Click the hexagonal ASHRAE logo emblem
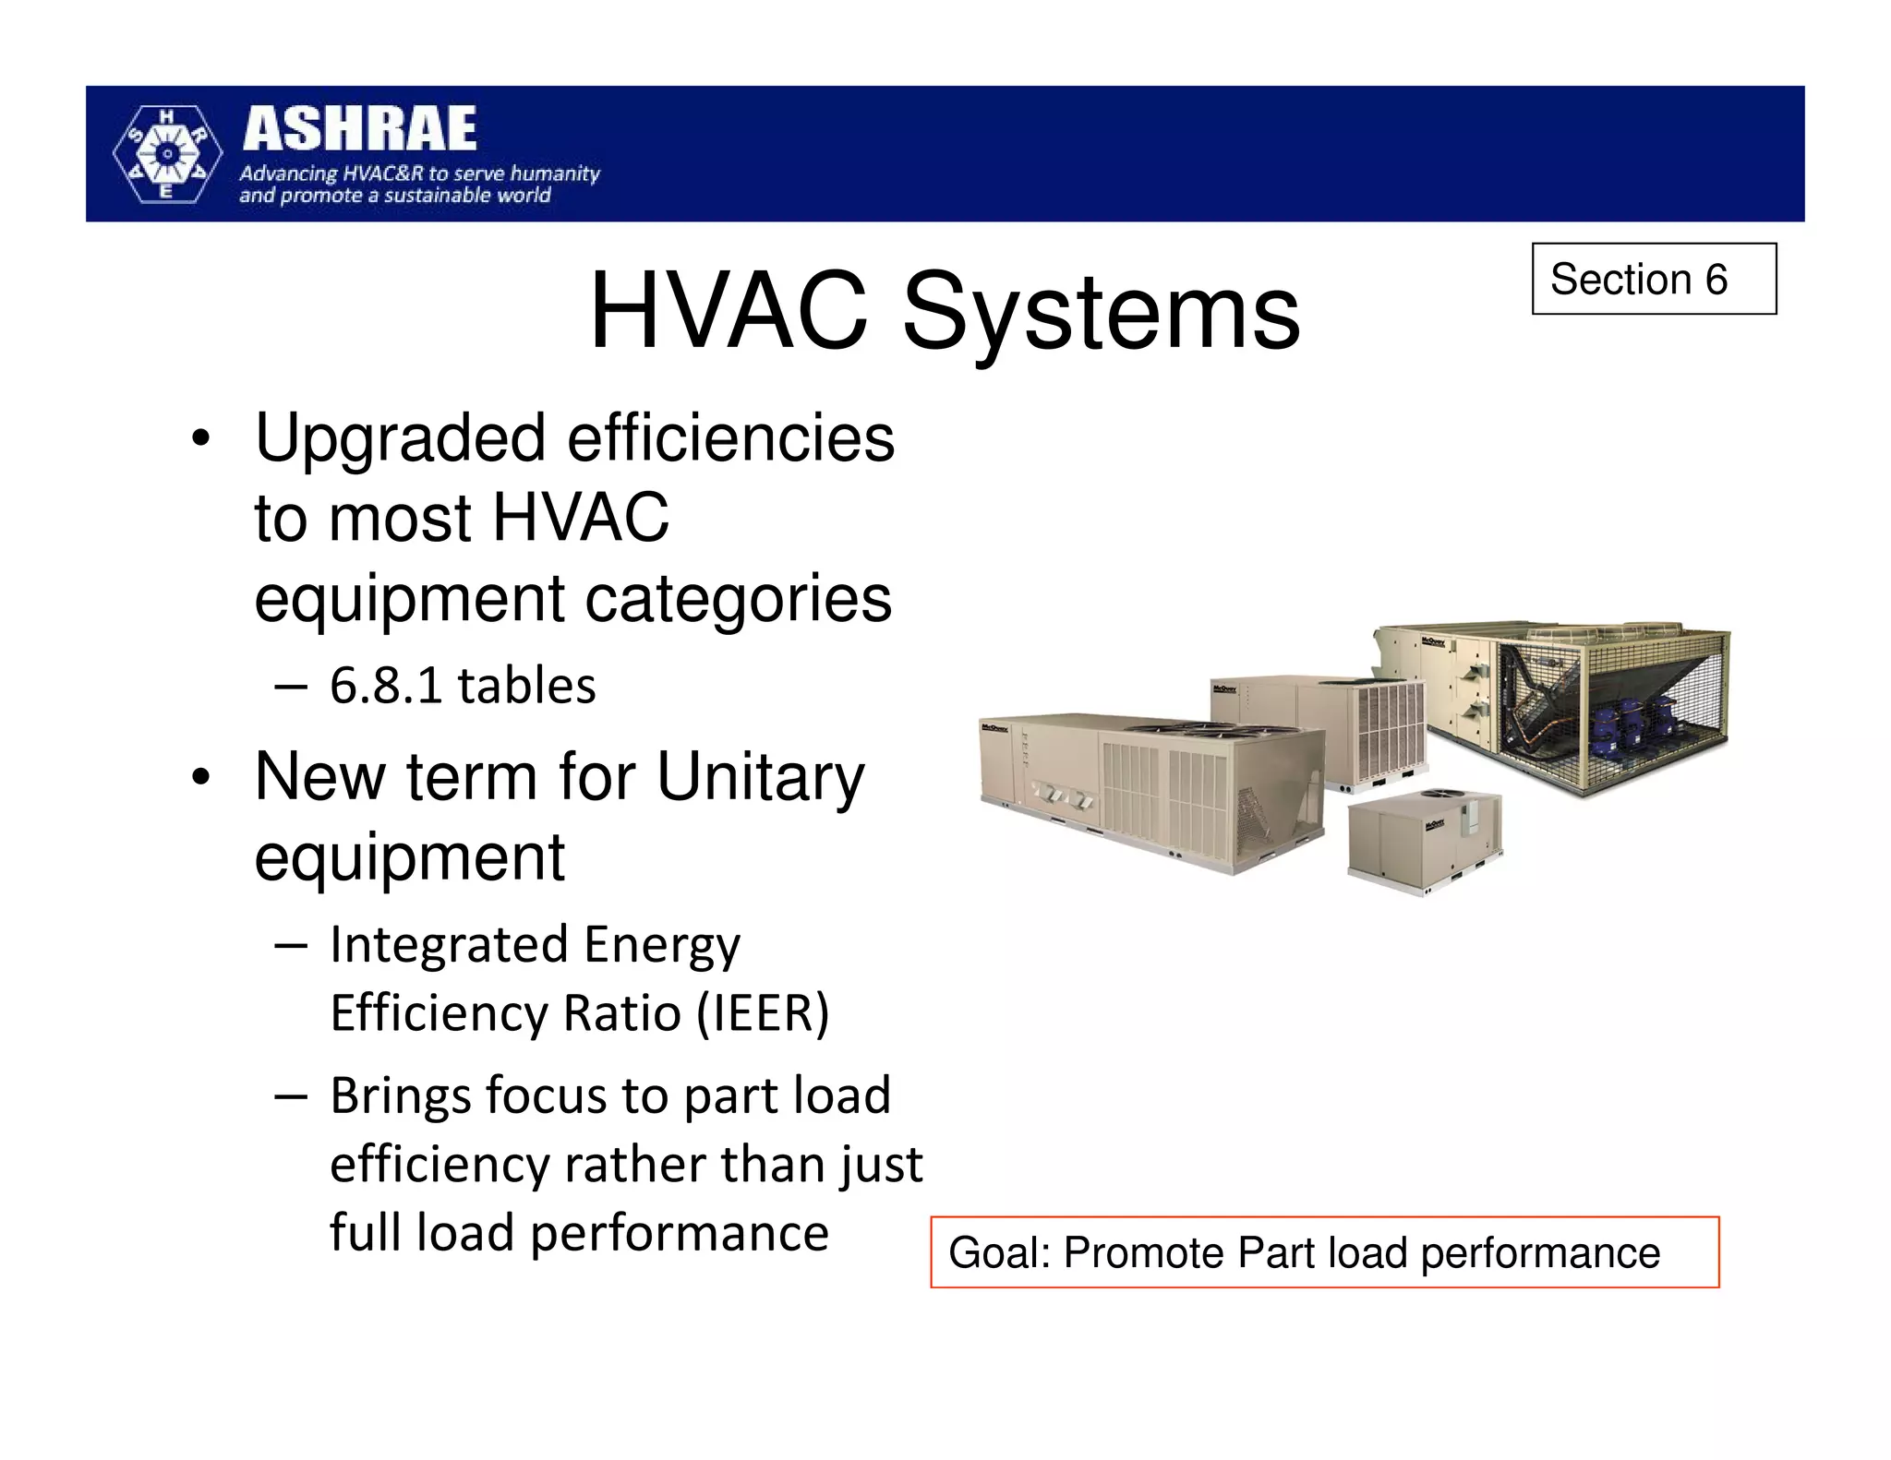click(x=167, y=154)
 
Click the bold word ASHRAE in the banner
click(x=359, y=129)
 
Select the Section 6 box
click(x=1654, y=279)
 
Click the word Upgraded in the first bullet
click(x=400, y=439)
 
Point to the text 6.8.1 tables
click(x=463, y=686)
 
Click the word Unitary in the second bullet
click(x=760, y=777)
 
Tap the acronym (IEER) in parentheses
click(x=763, y=1012)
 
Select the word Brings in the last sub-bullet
click(x=401, y=1096)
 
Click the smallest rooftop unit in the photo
click(x=1423, y=838)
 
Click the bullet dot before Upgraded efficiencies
click(x=199, y=440)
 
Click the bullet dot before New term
click(x=199, y=779)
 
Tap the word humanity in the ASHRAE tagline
click(x=555, y=174)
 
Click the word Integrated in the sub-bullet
click(x=449, y=945)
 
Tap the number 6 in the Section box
click(x=1716, y=279)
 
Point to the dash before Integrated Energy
click(x=291, y=945)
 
